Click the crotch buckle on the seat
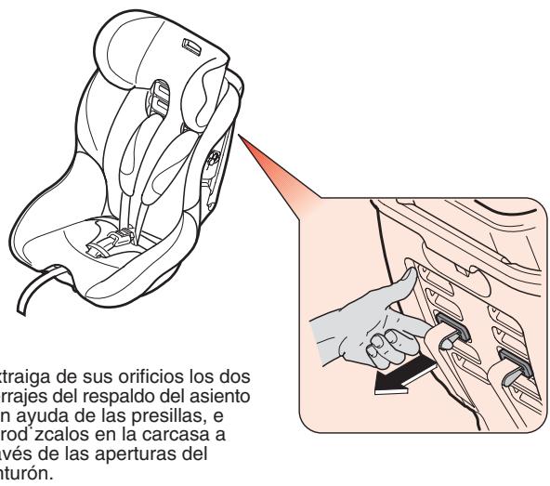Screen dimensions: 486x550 pos(103,249)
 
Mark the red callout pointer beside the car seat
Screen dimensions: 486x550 pos(279,166)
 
